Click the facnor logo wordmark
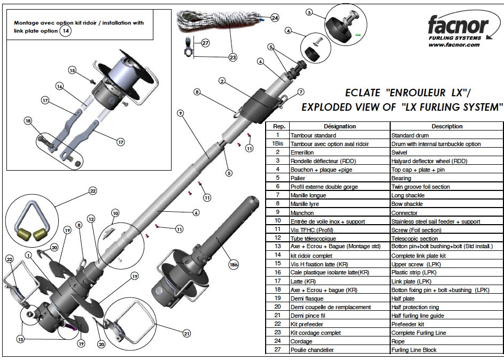[x=458, y=25]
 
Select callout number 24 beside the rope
[x=274, y=18]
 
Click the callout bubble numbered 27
[x=205, y=42]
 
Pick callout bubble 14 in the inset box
[x=65, y=31]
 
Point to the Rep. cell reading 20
[x=277, y=307]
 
